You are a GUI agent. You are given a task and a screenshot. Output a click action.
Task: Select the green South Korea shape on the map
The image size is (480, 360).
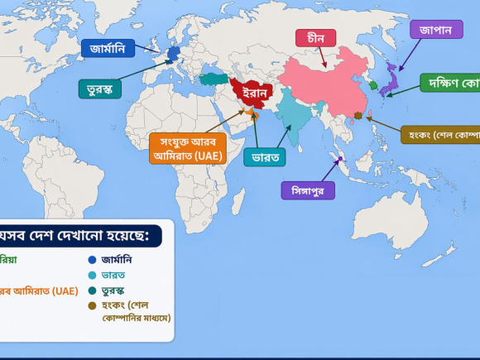(x=373, y=85)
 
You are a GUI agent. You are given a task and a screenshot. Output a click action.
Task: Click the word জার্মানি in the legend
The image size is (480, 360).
(x=117, y=259)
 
